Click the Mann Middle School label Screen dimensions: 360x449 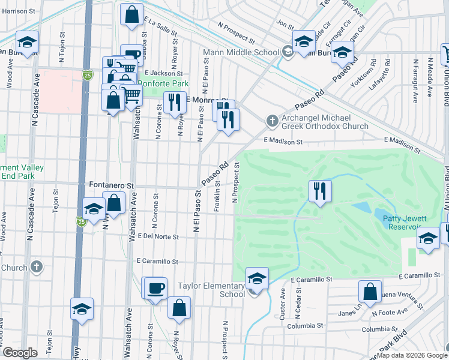coord(241,52)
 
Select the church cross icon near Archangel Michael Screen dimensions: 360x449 coord(272,122)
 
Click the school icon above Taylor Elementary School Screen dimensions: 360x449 coord(256,278)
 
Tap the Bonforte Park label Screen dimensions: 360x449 coord(163,83)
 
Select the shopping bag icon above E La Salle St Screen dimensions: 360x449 coord(131,14)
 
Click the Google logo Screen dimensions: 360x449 coord(20,353)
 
